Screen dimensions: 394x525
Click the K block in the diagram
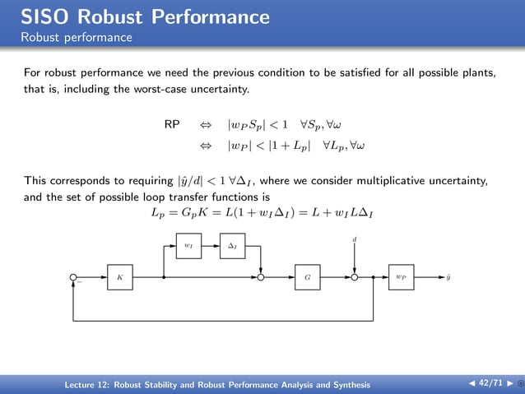click(x=119, y=277)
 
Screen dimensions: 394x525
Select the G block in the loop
click(x=307, y=277)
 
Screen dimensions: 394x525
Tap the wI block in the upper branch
click(x=188, y=245)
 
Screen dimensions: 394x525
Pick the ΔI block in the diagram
click(x=232, y=245)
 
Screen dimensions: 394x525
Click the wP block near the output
click(x=401, y=277)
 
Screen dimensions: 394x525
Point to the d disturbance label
click(x=354, y=239)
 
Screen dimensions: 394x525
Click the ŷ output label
click(x=448, y=277)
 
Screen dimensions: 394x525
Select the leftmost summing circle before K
click(x=73, y=277)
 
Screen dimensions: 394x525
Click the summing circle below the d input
click(x=354, y=277)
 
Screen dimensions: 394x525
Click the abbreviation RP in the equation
click(x=172, y=125)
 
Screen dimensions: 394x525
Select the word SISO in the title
click(x=43, y=16)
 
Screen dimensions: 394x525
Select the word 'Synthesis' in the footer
click(x=348, y=385)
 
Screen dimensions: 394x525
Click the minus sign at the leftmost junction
click(x=80, y=284)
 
